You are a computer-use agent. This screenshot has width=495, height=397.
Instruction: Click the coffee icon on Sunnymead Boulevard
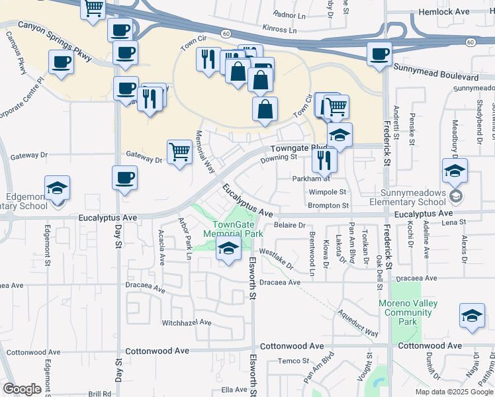click(x=380, y=54)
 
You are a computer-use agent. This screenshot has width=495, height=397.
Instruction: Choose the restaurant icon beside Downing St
click(x=324, y=159)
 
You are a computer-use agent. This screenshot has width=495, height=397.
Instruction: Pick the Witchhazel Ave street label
click(x=187, y=323)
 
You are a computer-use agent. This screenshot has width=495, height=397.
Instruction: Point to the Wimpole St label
click(x=328, y=192)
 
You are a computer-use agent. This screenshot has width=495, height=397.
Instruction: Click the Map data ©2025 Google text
click(x=453, y=392)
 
